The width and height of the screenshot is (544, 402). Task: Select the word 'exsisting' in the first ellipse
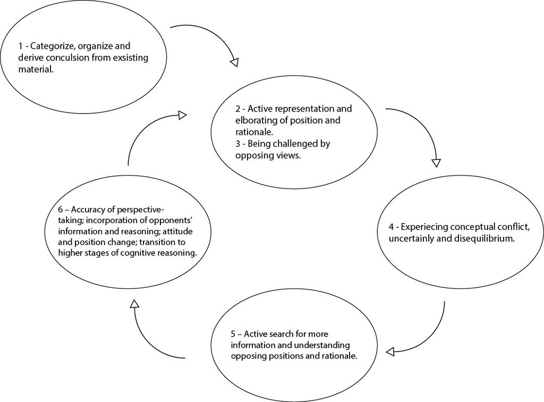[129, 57]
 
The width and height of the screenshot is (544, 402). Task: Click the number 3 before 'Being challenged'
[237, 143]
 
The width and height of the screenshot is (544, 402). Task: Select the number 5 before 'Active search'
[233, 334]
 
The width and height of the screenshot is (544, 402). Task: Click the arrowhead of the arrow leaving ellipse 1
[234, 62]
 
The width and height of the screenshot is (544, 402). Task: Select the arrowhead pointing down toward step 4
[436, 161]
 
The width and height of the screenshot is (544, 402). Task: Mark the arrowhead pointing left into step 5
[389, 352]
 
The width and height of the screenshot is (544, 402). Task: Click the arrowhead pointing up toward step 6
[134, 304]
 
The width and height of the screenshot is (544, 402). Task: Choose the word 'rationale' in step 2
[253, 132]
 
